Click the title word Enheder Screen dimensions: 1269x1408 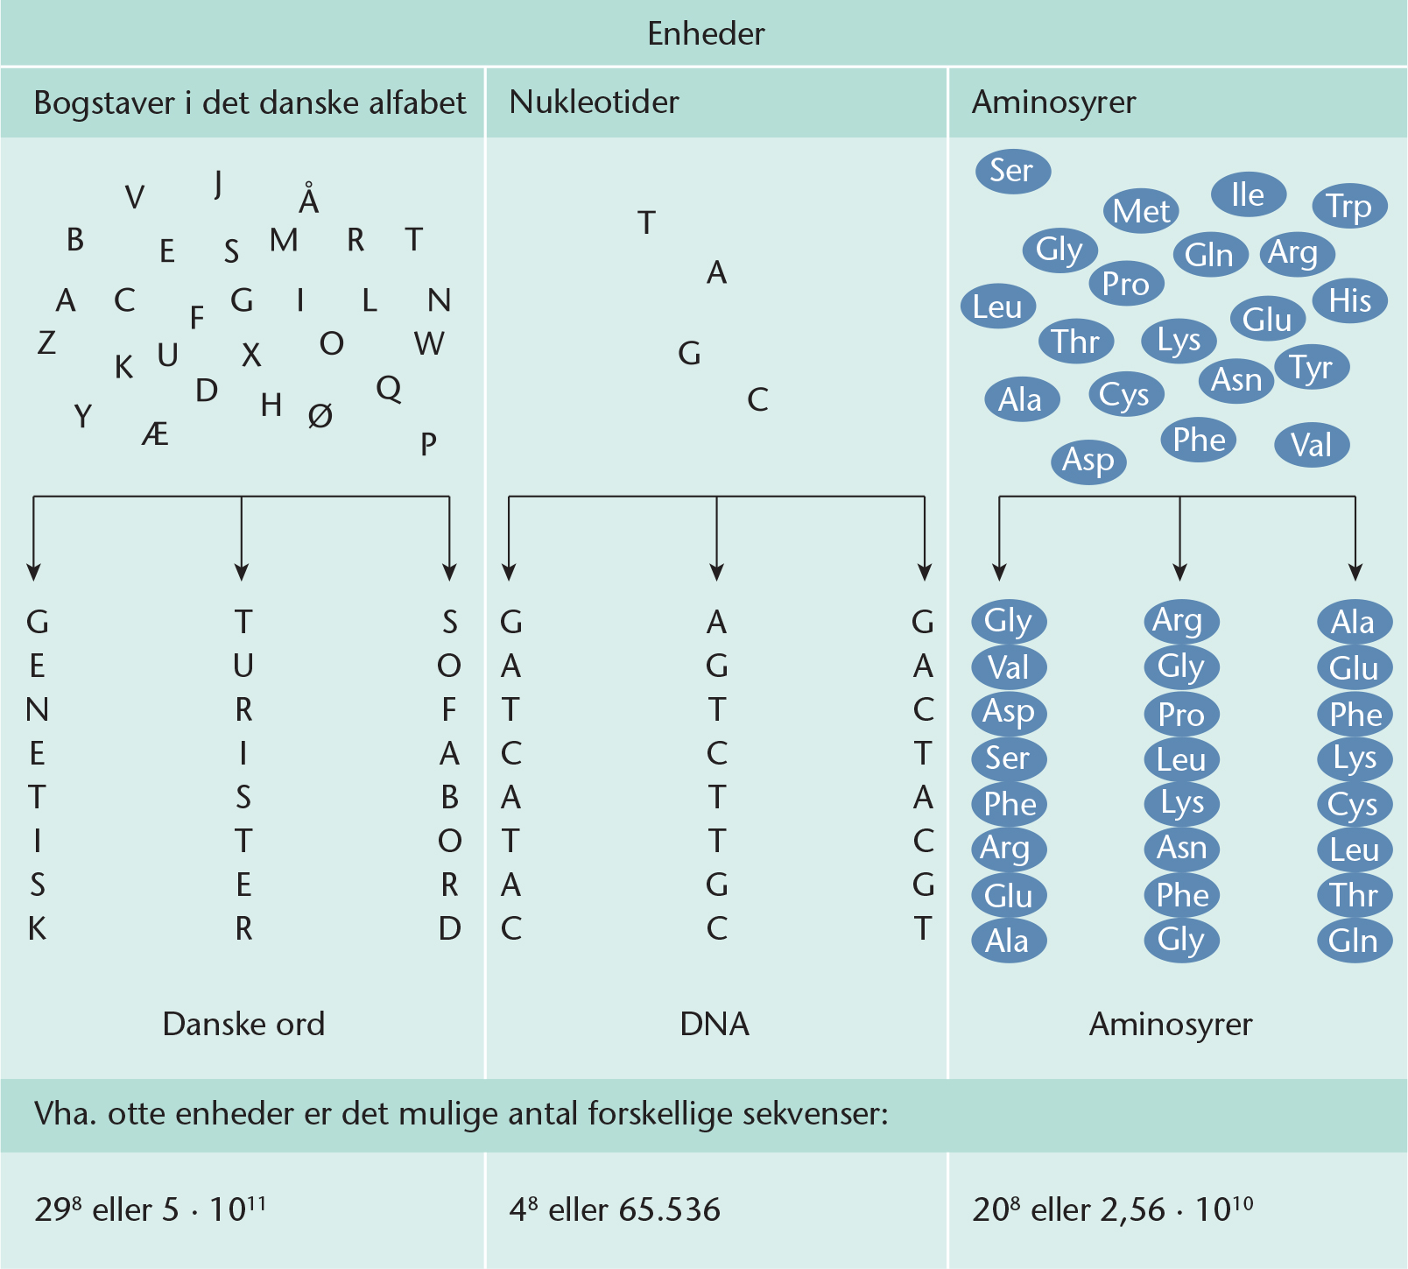click(706, 33)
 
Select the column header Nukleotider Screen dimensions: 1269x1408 click(594, 102)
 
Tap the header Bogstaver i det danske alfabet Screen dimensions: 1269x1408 click(250, 102)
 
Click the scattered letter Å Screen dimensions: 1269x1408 click(308, 199)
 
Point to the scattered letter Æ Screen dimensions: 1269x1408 click(155, 433)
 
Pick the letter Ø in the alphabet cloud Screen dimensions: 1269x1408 click(320, 415)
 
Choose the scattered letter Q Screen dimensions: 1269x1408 click(389, 387)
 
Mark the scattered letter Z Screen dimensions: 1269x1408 click(46, 342)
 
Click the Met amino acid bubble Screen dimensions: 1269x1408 click(1140, 210)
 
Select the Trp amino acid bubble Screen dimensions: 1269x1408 click(1348, 206)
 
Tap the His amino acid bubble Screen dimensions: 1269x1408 click(1349, 300)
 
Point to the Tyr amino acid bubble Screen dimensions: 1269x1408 click(1311, 368)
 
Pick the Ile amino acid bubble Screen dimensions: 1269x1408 click(1248, 194)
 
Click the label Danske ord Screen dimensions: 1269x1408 click(243, 1023)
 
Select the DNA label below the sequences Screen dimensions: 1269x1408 click(715, 1023)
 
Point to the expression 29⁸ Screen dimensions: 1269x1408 click(58, 1209)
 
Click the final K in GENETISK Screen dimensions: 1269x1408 click(37, 928)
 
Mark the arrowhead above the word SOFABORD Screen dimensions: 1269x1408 click(449, 573)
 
